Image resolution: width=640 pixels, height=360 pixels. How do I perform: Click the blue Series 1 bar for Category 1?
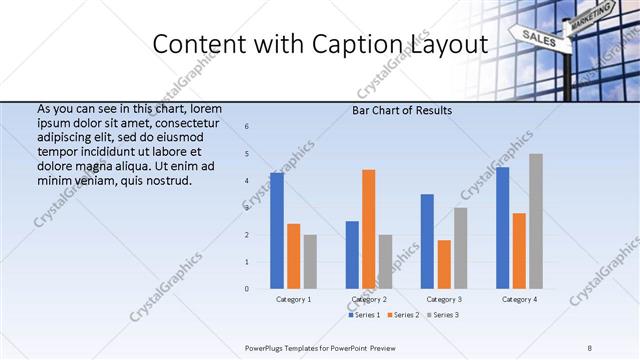277,231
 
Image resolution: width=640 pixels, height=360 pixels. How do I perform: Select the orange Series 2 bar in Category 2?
369,229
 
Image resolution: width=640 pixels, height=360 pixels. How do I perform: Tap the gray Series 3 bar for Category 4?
536,221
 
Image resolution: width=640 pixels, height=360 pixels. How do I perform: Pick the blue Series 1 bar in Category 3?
427,241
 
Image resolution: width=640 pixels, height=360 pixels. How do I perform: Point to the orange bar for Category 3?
444,264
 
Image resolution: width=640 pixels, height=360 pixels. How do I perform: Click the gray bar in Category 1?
310,262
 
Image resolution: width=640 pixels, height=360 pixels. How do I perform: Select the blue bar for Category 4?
502,228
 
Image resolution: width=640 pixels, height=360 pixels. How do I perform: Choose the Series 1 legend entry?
365,315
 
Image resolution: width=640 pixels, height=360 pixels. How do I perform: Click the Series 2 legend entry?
403,315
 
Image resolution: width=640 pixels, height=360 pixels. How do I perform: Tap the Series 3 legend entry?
442,315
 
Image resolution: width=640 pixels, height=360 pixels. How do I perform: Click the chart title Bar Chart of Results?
402,110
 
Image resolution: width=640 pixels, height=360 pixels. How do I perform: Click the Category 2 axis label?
369,299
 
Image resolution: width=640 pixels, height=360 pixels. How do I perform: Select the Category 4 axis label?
519,299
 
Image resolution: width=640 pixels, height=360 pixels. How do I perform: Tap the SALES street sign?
538,39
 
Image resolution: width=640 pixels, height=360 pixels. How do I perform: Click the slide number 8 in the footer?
590,347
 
